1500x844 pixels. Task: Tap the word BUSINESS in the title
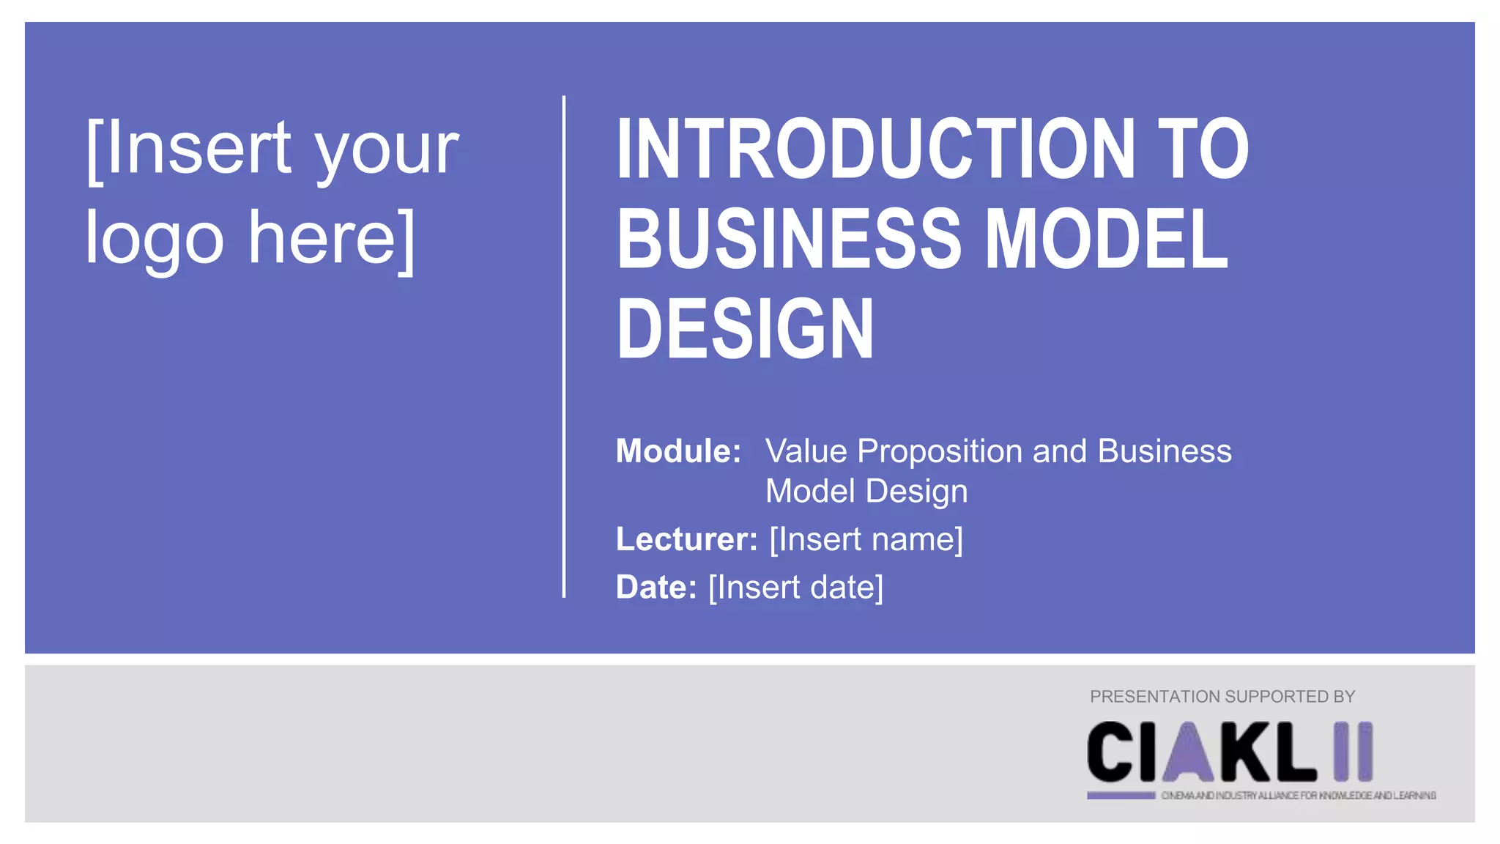coord(788,239)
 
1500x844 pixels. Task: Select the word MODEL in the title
coord(1106,239)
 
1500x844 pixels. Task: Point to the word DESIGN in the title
coord(745,329)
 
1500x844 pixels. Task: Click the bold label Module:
coord(678,451)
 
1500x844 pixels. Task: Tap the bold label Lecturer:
coord(686,539)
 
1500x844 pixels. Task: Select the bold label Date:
coord(656,588)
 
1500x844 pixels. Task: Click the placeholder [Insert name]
coord(866,539)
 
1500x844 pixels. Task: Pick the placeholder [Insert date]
coord(796,588)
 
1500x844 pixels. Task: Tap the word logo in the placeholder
coord(155,239)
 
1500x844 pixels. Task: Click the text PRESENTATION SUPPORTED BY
coord(1222,697)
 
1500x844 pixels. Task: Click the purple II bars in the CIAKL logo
coord(1353,752)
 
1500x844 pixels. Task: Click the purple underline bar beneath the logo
coord(1121,796)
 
